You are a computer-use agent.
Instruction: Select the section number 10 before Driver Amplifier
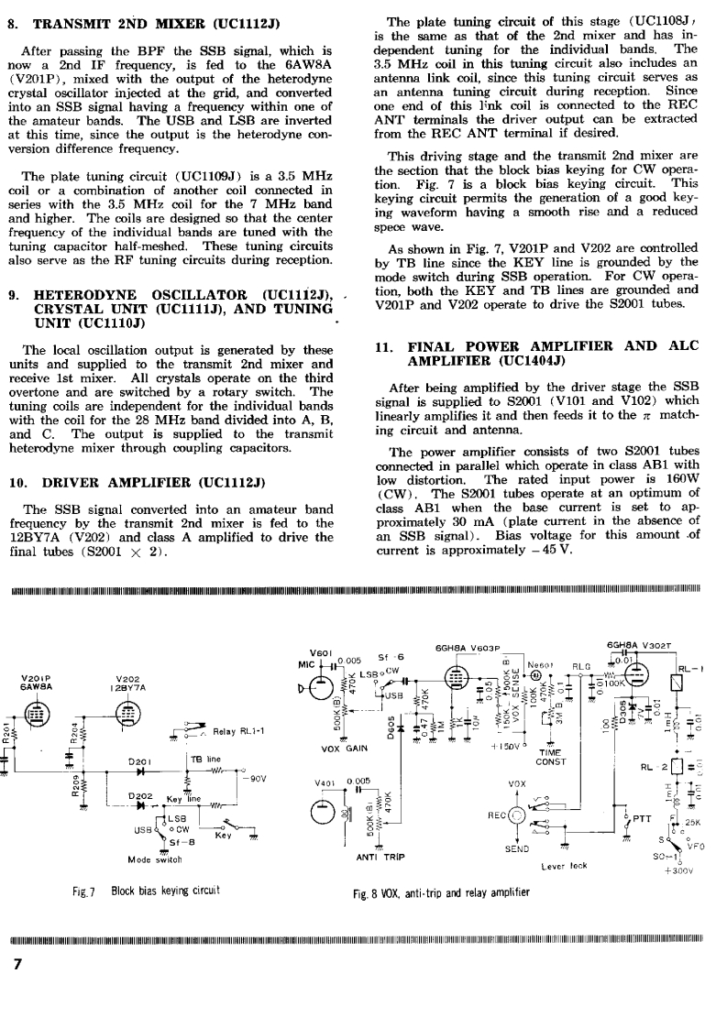tap(15, 482)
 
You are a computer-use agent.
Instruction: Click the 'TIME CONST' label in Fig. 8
tap(549, 756)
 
